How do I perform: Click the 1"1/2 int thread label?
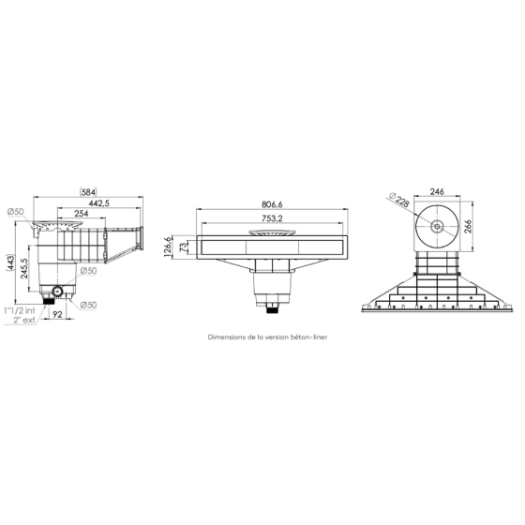coord(20,309)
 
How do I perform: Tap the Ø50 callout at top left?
coord(15,212)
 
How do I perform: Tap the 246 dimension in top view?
coord(436,191)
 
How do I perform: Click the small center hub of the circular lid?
coord(436,226)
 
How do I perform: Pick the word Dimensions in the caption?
coord(227,332)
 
